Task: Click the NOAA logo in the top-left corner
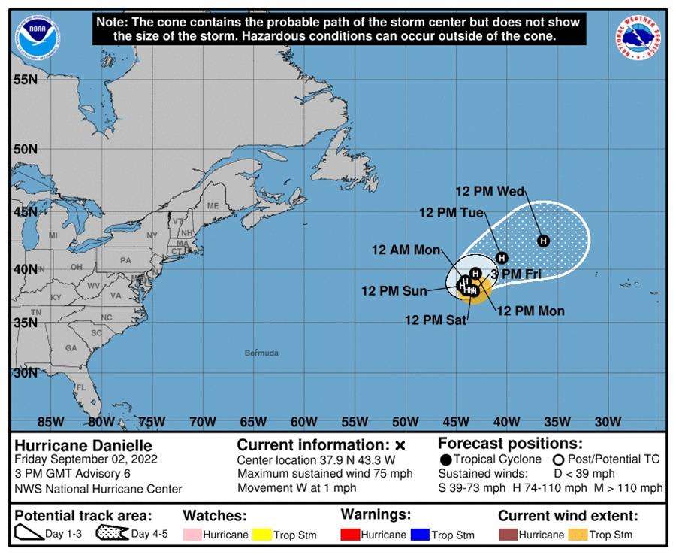(x=39, y=33)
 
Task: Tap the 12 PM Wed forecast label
(x=490, y=192)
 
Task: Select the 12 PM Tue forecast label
(x=451, y=213)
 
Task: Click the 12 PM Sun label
(x=394, y=291)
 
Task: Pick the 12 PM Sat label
(x=436, y=320)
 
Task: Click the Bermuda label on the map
(x=261, y=353)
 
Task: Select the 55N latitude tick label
(x=26, y=79)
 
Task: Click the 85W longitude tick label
(x=50, y=421)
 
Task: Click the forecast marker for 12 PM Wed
(x=543, y=241)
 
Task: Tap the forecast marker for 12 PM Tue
(x=502, y=258)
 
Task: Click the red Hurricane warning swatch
(x=349, y=535)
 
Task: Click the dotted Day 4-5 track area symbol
(x=112, y=535)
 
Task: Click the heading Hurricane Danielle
(x=83, y=445)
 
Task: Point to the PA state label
(x=125, y=260)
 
